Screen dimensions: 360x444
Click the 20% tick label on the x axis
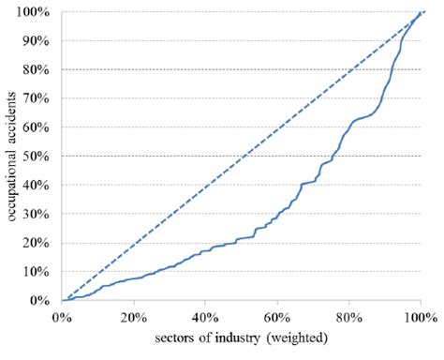pos(134,317)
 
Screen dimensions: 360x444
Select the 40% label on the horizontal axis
pos(206,317)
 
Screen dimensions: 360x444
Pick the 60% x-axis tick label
pos(277,317)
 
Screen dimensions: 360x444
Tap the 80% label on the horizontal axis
pos(349,317)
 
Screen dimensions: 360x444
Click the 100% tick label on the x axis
pos(421,317)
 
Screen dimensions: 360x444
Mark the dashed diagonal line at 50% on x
pos(242,157)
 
